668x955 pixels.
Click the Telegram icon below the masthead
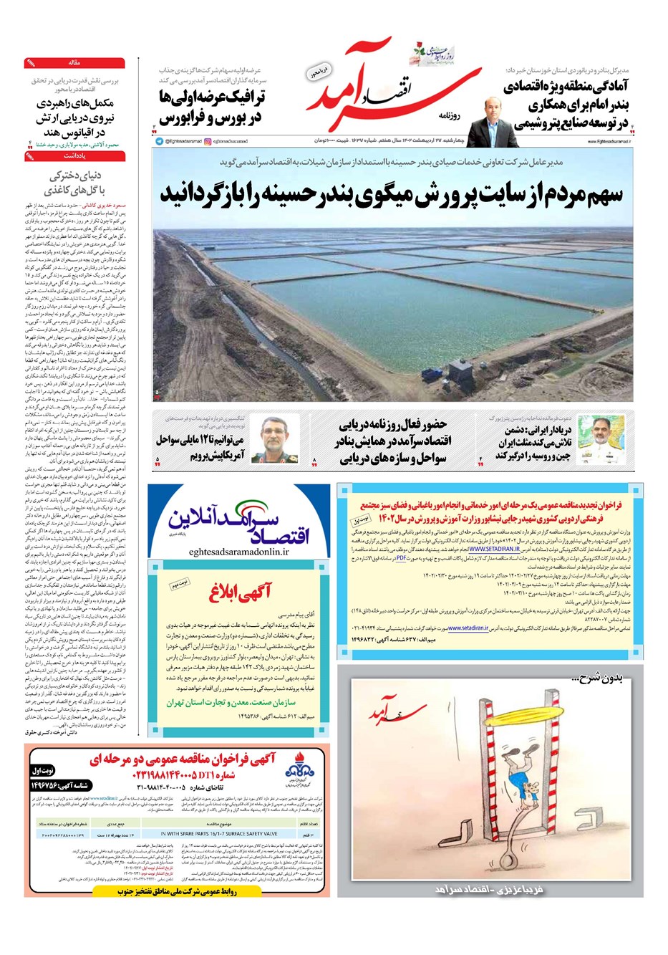[x=159, y=142]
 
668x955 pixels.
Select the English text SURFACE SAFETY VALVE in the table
[x=219, y=834]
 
